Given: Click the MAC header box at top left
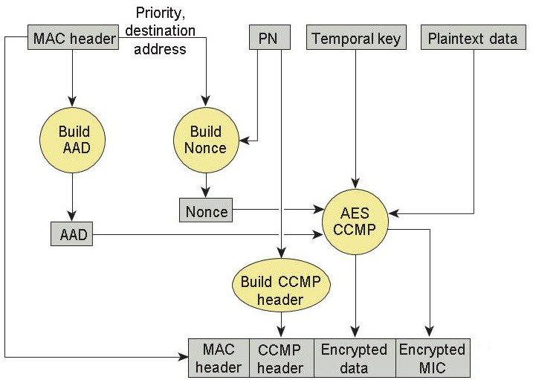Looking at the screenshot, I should pos(73,38).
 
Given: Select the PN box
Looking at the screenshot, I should pos(268,38).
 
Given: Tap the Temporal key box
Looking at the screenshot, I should pos(356,38).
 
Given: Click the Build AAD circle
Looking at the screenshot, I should pos(73,141).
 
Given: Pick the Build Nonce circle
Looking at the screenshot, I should pos(206,141).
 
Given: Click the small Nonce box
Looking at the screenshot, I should pos(206,211).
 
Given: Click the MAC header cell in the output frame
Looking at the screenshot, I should pos(219,358).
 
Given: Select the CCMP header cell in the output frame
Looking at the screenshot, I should pos(280,358).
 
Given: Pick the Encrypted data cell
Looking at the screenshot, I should pos(355,358).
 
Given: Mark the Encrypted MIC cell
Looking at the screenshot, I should pos(432,358).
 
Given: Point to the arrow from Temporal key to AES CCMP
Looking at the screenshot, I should pos(356,119).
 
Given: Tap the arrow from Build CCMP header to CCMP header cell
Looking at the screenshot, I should pos(282,326).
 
